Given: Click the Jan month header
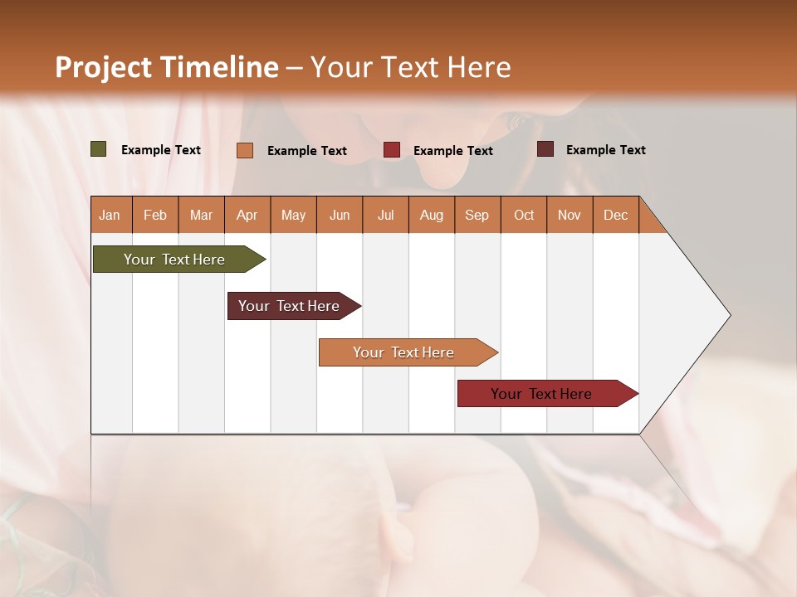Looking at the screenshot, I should pyautogui.click(x=110, y=215).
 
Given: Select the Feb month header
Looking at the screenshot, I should pyautogui.click(x=155, y=215).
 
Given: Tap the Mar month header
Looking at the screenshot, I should pyautogui.click(x=201, y=215).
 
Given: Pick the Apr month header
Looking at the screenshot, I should pyautogui.click(x=247, y=215).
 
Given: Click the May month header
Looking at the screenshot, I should pyautogui.click(x=293, y=215).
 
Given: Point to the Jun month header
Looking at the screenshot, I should pyautogui.click(x=340, y=215).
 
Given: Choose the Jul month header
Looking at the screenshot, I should pyautogui.click(x=385, y=215).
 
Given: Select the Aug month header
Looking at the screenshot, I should pyautogui.click(x=432, y=215).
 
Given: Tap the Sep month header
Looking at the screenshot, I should pyautogui.click(x=477, y=215).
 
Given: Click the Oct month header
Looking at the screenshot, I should pyautogui.click(x=524, y=215).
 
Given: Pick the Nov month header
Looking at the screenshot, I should pyautogui.click(x=570, y=215).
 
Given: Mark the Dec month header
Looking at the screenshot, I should pyautogui.click(x=616, y=215).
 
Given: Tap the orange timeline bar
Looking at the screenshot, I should pyautogui.click(x=404, y=352).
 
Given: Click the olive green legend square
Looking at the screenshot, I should pyautogui.click(x=99, y=149).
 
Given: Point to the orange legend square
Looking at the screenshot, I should pyautogui.click(x=245, y=150).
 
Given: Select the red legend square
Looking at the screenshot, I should pyautogui.click(x=392, y=150).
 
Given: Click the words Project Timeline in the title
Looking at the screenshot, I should pyautogui.click(x=167, y=67).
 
